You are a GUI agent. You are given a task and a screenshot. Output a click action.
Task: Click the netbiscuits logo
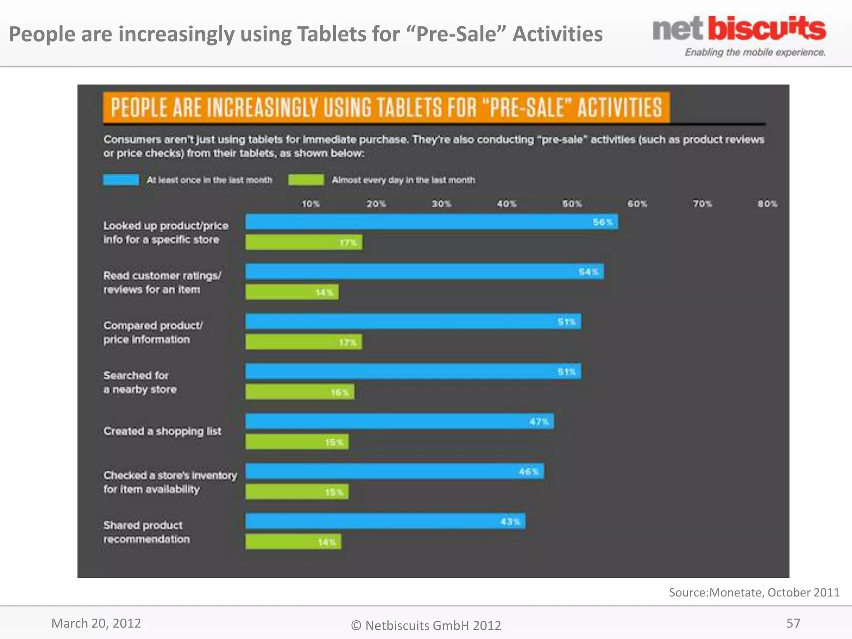739,36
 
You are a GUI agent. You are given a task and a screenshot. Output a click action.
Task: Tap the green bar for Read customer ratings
292,292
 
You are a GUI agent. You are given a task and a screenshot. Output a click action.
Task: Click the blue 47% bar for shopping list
399,421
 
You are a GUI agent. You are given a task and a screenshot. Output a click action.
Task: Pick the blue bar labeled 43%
385,521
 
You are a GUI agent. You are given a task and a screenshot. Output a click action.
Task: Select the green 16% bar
300,392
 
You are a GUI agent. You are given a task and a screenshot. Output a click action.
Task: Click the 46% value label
528,471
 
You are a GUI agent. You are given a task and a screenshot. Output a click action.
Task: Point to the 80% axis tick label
767,204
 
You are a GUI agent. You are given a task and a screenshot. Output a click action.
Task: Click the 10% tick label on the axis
311,204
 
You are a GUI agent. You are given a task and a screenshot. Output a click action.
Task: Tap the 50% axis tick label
572,204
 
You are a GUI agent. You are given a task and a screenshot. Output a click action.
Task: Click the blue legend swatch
121,180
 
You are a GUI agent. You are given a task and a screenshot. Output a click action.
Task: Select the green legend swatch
306,180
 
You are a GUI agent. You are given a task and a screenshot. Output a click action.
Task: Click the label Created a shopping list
162,431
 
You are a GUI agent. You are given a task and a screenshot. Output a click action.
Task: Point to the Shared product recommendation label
146,532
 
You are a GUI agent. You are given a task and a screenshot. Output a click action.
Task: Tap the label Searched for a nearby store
140,382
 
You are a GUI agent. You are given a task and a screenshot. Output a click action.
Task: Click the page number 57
793,623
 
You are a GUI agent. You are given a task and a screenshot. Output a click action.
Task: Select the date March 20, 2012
96,623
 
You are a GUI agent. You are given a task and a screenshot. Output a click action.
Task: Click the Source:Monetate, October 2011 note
754,592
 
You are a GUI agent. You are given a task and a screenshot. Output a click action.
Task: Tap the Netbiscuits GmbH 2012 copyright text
426,625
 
